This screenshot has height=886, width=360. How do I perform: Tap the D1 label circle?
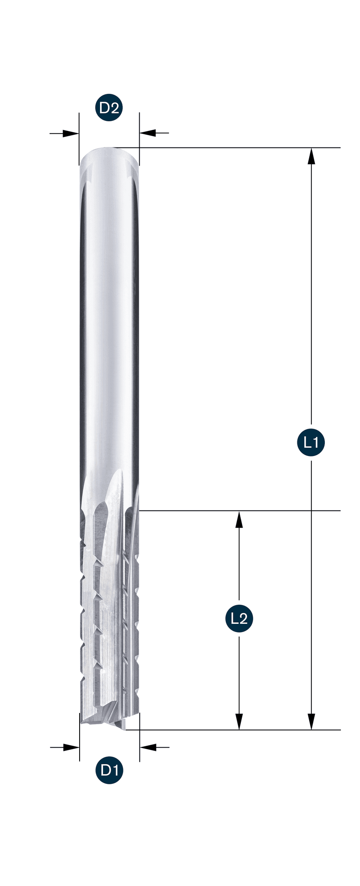coord(109,770)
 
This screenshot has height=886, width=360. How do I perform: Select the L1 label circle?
coord(311,442)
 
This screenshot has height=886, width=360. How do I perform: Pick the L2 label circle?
coord(239,618)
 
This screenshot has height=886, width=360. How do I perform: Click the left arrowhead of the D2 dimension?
coord(70,133)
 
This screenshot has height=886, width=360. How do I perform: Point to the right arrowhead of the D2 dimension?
coord(148,133)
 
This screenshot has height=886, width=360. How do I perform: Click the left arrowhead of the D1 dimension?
coord(71,747)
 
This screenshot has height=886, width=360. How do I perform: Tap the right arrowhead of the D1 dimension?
coord(148,747)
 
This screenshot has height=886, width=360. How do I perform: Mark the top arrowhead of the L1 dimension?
coord(311,156)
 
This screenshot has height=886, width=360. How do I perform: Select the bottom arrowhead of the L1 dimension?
coord(311,721)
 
